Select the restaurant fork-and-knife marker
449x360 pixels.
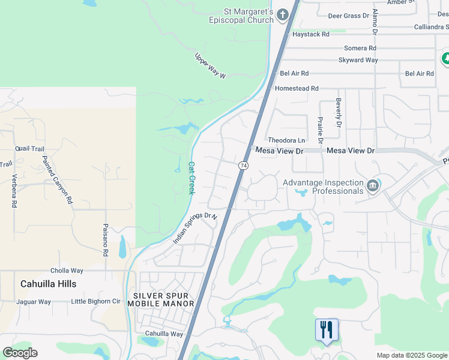point(327,329)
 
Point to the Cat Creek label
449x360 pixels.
point(191,178)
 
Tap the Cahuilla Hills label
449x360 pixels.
point(49,284)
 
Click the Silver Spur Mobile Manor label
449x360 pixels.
point(164,299)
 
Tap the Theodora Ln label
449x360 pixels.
point(286,140)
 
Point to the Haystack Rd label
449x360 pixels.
point(310,34)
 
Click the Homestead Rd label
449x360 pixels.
point(297,88)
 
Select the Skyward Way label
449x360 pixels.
point(358,60)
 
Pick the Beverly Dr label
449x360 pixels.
point(339,113)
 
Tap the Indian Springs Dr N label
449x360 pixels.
point(194,228)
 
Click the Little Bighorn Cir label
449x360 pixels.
point(96,302)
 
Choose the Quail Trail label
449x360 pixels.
point(30,149)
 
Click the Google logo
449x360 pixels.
point(20,353)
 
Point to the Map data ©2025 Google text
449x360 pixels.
point(411,355)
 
